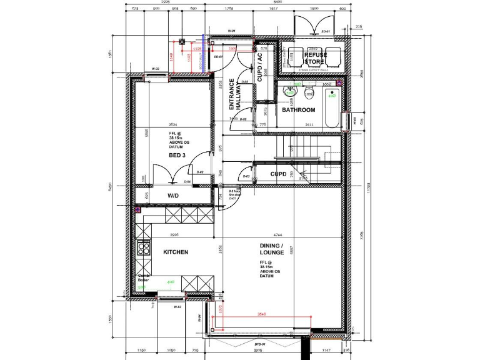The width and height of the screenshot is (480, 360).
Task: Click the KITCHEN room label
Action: click(176, 252)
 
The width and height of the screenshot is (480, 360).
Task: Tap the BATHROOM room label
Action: click(298, 110)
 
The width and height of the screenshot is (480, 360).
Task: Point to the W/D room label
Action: click(173, 196)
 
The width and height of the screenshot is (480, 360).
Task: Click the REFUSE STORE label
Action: click(315, 59)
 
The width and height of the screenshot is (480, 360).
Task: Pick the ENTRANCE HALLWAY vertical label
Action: click(235, 94)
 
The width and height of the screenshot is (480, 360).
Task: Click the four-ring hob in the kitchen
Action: click(144, 248)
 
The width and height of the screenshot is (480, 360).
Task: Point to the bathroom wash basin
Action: click(289, 94)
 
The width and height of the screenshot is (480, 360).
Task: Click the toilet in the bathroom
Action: click(309, 94)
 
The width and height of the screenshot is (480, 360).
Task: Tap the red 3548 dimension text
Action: click(262, 314)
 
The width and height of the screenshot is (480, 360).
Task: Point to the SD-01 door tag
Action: click(325, 31)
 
